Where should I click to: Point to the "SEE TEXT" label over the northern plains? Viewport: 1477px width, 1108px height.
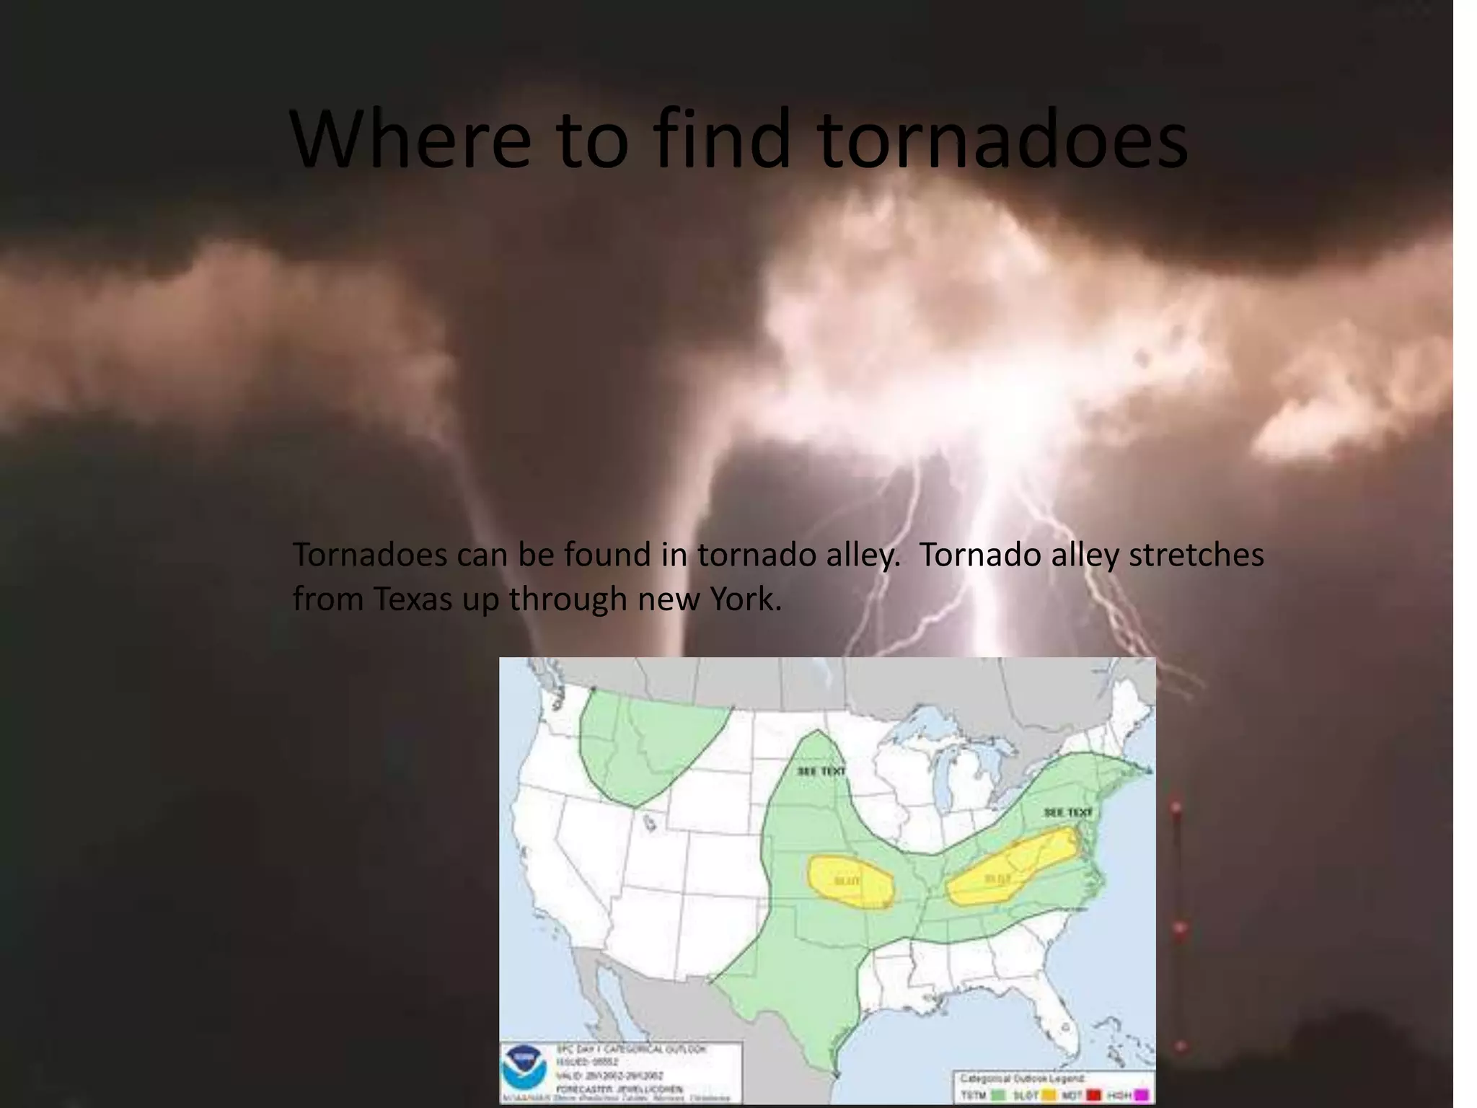(821, 771)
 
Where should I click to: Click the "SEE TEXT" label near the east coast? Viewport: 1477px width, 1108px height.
(1068, 812)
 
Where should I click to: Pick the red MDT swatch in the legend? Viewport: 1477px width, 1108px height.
(1093, 1096)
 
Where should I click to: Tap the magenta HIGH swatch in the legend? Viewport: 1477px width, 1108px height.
(1141, 1096)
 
